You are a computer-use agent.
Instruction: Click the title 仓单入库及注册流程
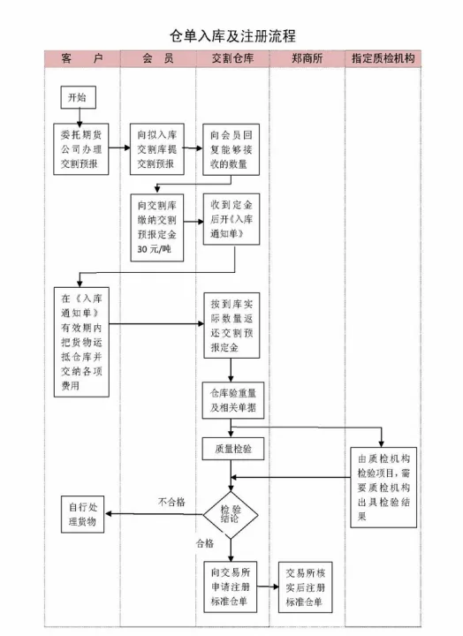tap(231, 35)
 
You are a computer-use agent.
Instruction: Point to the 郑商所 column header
tap(306, 58)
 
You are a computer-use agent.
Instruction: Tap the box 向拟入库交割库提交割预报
tap(157, 149)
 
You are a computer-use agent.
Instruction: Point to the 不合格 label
tap(171, 502)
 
